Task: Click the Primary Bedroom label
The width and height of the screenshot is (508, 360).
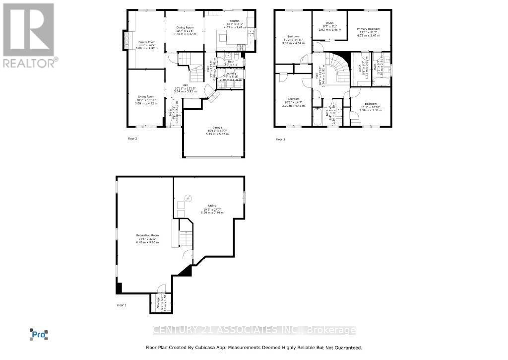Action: coord(369,29)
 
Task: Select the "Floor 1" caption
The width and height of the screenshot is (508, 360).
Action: coord(122,305)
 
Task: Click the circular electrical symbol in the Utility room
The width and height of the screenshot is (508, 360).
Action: coord(188,199)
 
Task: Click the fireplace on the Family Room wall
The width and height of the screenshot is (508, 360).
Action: coord(126,40)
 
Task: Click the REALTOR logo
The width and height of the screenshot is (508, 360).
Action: coord(29,35)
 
